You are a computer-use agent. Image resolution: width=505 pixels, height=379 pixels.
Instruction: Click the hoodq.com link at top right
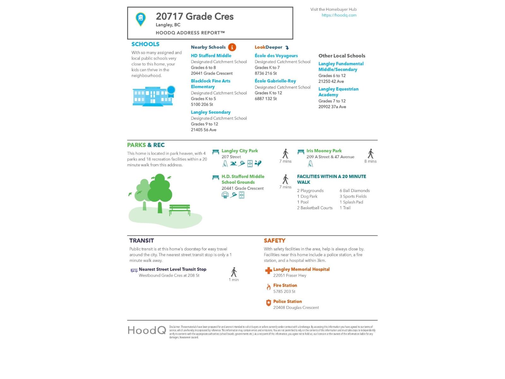pos(339,15)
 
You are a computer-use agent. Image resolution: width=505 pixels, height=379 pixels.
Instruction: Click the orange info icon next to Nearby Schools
pos(232,47)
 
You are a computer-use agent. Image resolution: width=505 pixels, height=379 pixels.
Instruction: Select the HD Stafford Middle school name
pos(211,56)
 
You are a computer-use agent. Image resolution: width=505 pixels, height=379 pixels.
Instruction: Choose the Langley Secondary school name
pos(211,112)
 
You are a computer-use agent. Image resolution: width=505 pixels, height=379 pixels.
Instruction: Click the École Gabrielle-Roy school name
pos(275,81)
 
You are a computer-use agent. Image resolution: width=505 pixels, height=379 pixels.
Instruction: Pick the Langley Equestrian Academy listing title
pos(338,92)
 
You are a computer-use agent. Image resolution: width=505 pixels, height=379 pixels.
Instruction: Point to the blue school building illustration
pos(153,96)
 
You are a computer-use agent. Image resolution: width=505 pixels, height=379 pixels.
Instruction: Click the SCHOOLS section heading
pos(145,44)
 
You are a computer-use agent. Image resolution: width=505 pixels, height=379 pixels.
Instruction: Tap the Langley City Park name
pos(240,151)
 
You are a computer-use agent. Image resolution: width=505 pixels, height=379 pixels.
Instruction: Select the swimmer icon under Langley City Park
pos(233,163)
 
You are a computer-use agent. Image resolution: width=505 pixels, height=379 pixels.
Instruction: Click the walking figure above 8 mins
pos(371,153)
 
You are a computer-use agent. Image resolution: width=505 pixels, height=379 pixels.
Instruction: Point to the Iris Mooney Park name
pos(324,151)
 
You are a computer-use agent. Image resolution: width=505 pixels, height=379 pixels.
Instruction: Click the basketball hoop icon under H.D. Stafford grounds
pos(225,195)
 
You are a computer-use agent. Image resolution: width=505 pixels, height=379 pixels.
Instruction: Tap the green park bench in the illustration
pos(180,210)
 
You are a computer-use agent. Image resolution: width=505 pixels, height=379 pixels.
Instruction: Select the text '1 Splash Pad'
pos(351,202)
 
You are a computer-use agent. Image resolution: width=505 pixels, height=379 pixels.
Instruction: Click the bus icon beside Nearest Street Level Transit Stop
pos(134,270)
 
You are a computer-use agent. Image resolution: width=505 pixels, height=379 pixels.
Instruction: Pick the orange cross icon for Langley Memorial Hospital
pos(268,271)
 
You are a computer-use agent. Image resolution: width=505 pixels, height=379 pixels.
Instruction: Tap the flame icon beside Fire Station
pos(268,287)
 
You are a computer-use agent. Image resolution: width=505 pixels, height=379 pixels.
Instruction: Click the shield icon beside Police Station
pos(268,303)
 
